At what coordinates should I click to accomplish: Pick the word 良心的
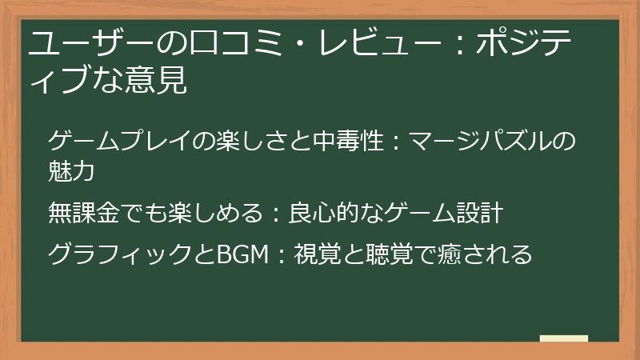coord(325,214)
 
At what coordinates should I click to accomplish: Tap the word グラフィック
coord(120,255)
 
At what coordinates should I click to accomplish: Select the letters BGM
coord(240,255)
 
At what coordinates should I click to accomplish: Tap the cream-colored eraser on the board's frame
coord(564,338)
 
